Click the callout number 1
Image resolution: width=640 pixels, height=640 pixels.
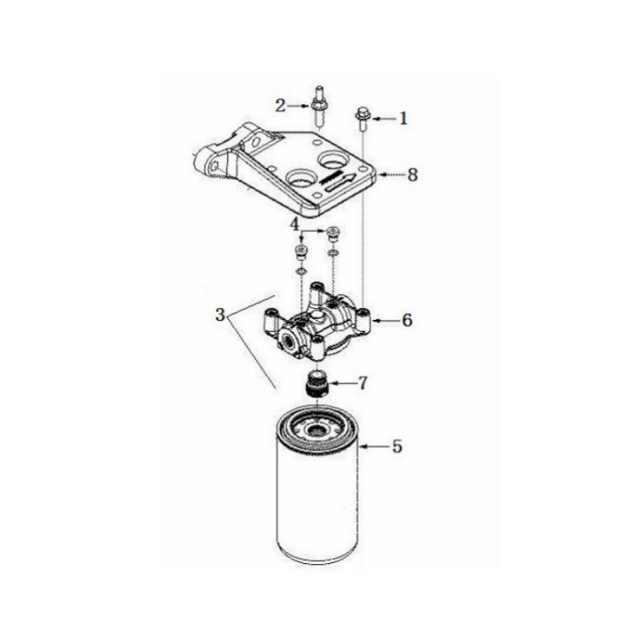(404, 119)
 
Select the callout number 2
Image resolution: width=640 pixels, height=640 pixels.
(280, 106)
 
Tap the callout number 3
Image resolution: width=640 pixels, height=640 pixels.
(220, 315)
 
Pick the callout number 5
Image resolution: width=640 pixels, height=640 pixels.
(397, 446)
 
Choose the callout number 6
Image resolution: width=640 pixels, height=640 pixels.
(407, 320)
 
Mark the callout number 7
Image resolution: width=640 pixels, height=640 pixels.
(363, 383)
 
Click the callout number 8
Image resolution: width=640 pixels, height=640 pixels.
(413, 175)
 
